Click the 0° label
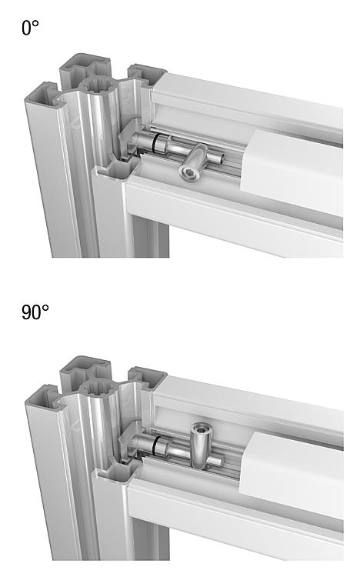30,28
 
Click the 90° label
35,312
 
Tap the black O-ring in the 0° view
155,142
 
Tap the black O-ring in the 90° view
155,445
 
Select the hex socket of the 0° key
185,172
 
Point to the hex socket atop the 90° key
200,429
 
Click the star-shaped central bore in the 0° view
97,85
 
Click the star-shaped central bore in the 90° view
97,389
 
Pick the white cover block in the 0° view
292,173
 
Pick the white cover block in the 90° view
292,475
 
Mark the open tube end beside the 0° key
221,159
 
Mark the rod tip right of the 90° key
219,462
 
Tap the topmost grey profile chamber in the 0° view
84,65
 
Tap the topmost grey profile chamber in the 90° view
84,367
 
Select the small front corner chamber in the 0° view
118,170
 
